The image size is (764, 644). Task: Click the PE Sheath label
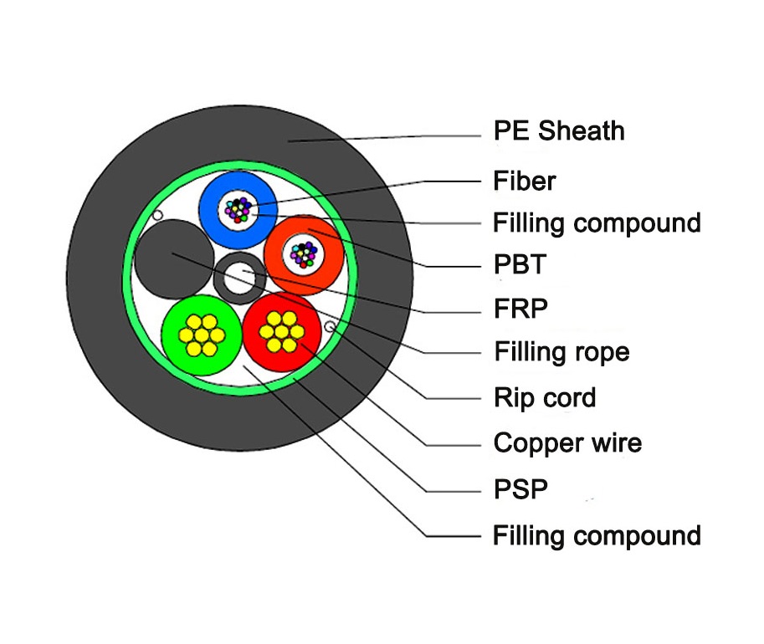[558, 131]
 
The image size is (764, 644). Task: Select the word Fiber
[524, 181]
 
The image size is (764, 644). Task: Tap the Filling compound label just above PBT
[597, 223]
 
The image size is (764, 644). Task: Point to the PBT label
[519, 265]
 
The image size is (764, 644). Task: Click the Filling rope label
[561, 351]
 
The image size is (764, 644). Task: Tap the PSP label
[520, 488]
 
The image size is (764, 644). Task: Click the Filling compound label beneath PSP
[597, 534]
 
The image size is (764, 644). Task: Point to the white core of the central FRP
[241, 279]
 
